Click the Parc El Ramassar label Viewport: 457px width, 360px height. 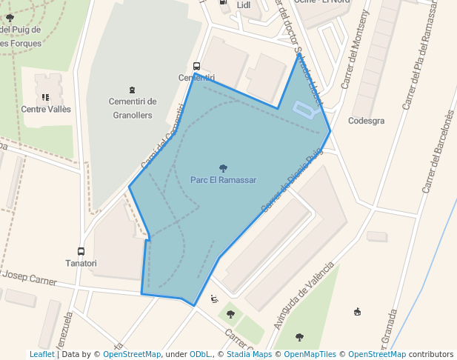click(x=223, y=180)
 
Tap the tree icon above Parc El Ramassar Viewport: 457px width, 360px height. click(x=224, y=168)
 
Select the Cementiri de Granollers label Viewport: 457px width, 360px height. click(x=133, y=108)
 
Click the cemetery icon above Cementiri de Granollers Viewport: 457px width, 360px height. click(x=133, y=90)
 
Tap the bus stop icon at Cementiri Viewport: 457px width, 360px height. click(x=196, y=67)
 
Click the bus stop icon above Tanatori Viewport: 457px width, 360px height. click(x=81, y=251)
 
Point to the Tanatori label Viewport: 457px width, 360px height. click(x=81, y=263)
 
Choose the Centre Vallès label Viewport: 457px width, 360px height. click(x=46, y=109)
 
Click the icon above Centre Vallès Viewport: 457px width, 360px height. click(x=46, y=97)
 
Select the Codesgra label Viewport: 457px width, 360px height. click(x=366, y=121)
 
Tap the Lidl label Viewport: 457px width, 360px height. click(x=244, y=5)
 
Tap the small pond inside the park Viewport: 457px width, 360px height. click(x=306, y=110)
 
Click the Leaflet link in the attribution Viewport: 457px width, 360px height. click(x=41, y=354)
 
